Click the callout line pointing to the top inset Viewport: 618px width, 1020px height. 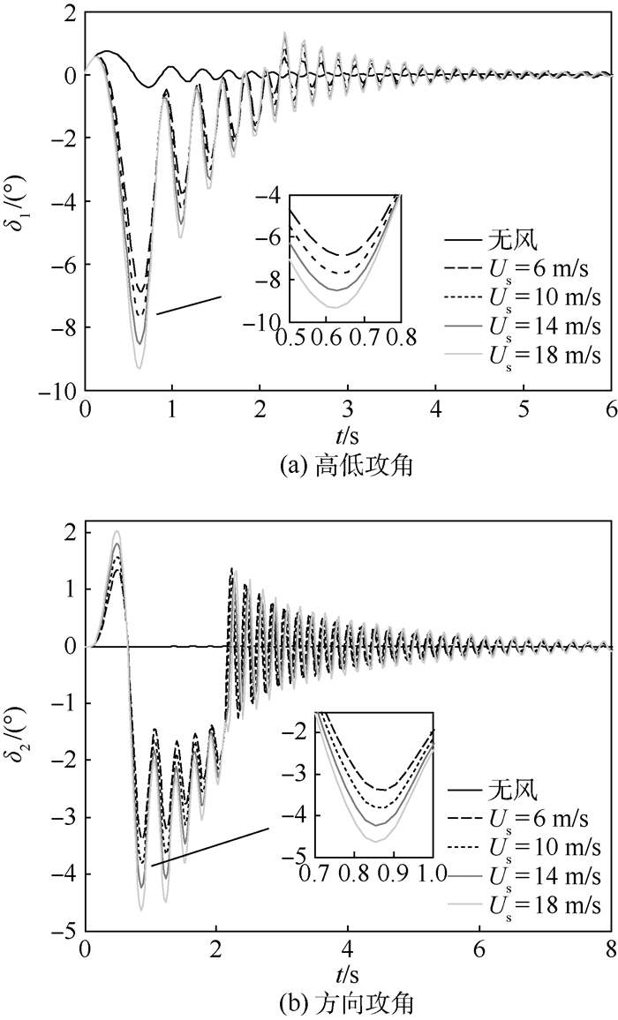click(189, 304)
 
